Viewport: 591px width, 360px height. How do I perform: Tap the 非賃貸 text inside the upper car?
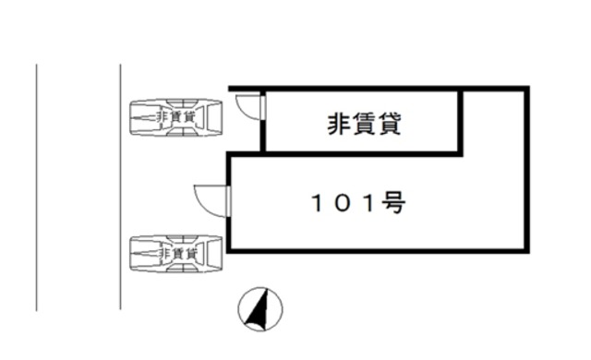coord(175,117)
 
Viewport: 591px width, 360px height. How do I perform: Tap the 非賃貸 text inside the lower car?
coord(175,252)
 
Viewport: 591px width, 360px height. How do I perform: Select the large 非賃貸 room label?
coord(364,124)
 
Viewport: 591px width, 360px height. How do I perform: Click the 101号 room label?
coord(356,203)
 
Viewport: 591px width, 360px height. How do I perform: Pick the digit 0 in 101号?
coord(343,204)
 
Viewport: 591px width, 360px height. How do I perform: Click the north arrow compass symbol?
coord(261,308)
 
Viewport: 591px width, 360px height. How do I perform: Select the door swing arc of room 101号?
coord(206,198)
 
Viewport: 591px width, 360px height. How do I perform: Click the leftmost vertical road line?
coord(36,185)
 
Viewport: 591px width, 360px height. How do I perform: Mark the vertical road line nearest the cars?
coord(121,185)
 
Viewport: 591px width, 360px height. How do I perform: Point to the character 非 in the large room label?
coord(338,124)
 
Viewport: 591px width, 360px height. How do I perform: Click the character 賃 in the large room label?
coord(364,124)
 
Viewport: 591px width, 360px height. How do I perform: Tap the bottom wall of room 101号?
coord(379,249)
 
